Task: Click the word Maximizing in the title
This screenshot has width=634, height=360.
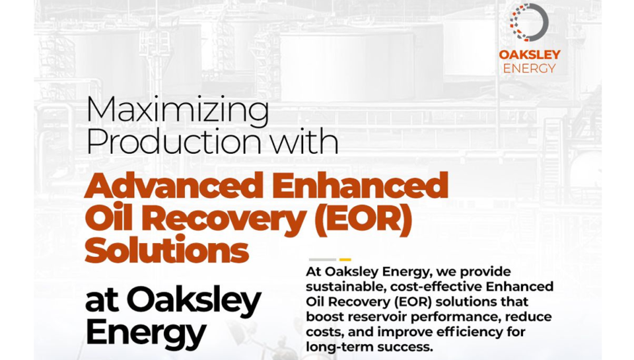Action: tap(178, 112)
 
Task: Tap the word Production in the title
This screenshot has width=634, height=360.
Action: tap(174, 141)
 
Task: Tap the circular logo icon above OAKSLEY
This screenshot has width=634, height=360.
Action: tap(529, 22)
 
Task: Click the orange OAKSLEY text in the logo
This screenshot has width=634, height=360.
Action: tap(530, 55)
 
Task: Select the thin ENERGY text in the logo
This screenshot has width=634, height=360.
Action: tap(529, 68)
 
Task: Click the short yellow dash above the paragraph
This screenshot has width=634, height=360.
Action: tap(345, 260)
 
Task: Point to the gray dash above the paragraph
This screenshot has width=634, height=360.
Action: tap(322, 260)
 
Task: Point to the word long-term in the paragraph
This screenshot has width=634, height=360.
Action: tap(339, 347)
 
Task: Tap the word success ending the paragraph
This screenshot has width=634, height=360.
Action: tap(405, 347)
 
